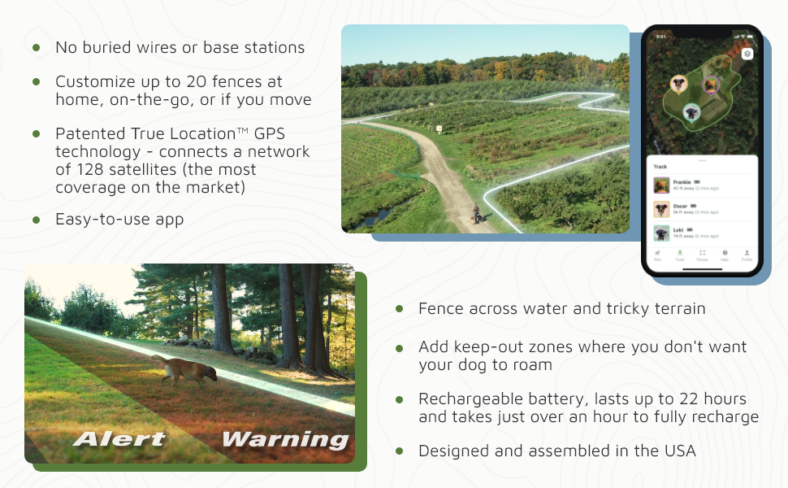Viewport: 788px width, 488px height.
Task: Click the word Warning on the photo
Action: (x=284, y=439)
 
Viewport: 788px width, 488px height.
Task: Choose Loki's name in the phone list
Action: (x=678, y=230)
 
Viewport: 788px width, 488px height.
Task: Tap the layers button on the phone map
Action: (x=747, y=54)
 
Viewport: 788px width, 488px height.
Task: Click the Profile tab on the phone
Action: (x=747, y=255)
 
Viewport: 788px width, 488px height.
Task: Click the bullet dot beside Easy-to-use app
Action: (x=37, y=220)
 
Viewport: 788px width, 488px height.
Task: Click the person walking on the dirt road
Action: (x=476, y=213)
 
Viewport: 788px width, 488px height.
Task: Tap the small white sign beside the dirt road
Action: (x=439, y=129)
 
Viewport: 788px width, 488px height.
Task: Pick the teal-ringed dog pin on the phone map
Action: (x=691, y=112)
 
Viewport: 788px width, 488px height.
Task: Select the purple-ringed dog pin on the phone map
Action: (x=711, y=84)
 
